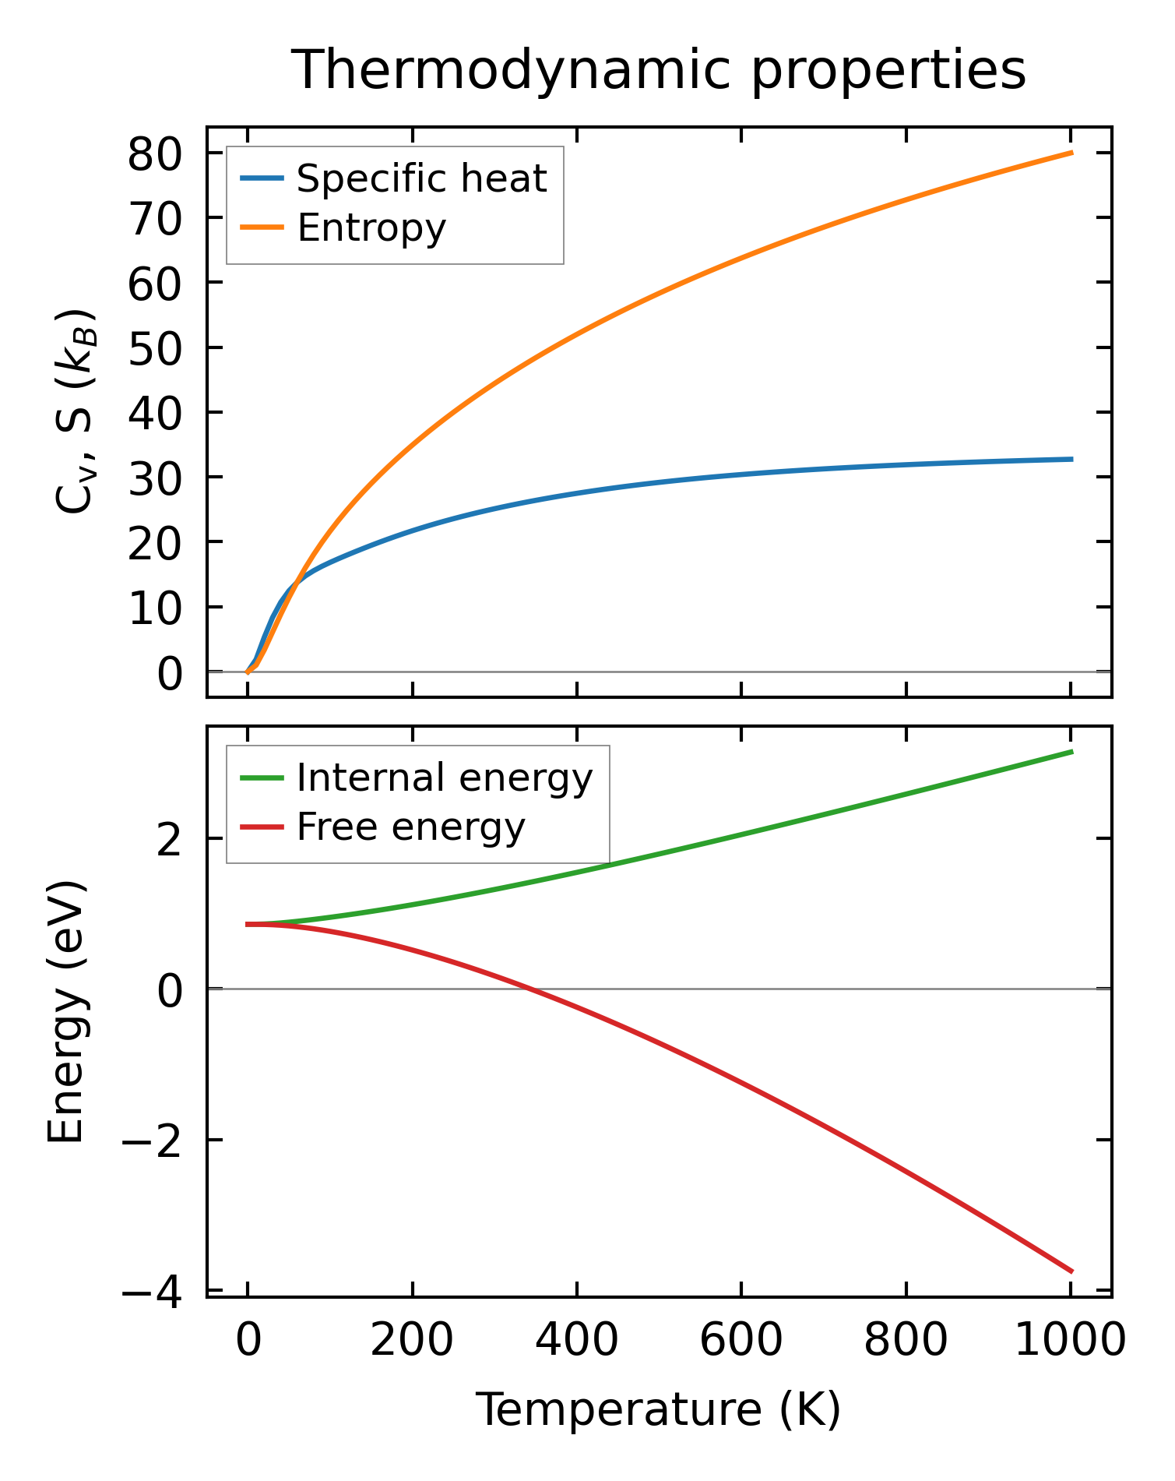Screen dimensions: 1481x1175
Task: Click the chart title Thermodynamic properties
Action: [658, 70]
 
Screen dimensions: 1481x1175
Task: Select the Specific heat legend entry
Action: [421, 179]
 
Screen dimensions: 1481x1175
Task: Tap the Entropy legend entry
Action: [371, 228]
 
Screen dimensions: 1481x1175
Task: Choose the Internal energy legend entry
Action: [445, 778]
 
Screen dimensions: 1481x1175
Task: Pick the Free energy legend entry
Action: [410, 827]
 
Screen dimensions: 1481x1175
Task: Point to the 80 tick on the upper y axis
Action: [156, 153]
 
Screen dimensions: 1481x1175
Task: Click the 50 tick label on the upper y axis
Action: [156, 347]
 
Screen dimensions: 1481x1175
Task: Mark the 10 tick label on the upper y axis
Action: [156, 608]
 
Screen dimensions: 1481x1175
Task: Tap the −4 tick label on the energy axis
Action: [151, 1292]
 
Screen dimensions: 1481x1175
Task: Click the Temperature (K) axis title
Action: [658, 1410]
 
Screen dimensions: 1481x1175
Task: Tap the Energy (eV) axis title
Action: [65, 1012]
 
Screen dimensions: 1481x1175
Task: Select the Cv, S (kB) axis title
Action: [75, 411]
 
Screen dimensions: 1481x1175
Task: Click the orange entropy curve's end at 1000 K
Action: [1071, 153]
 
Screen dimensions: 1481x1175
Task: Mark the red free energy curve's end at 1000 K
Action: [1071, 1271]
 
